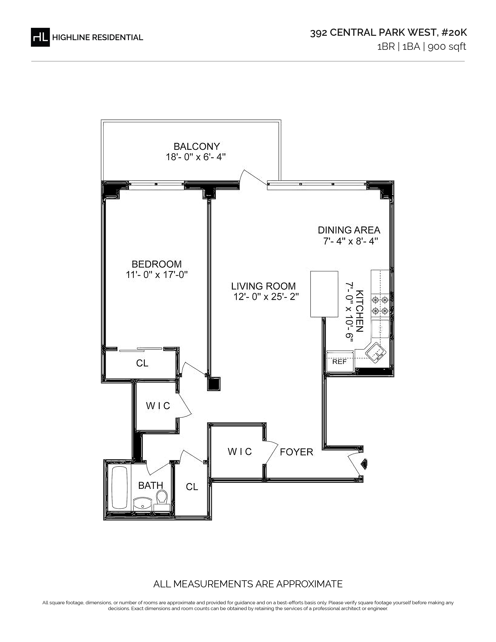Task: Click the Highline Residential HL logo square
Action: pyautogui.click(x=40, y=37)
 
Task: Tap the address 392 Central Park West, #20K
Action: pyautogui.click(x=388, y=33)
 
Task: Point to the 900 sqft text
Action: pyautogui.click(x=447, y=47)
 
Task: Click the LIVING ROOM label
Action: pyautogui.click(x=263, y=286)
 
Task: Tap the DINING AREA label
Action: pyautogui.click(x=349, y=230)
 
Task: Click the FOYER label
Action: pyautogui.click(x=296, y=452)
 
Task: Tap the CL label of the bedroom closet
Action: pyautogui.click(x=142, y=363)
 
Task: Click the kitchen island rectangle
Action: pyautogui.click(x=324, y=294)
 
